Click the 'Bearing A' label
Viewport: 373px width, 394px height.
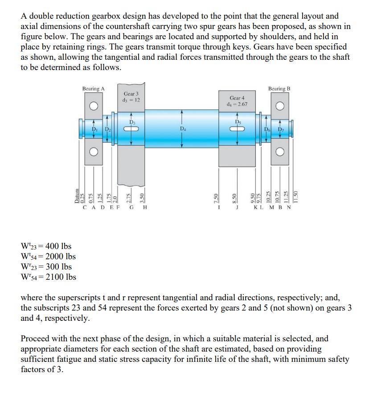[x=94, y=89]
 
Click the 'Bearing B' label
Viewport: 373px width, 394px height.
[x=279, y=89]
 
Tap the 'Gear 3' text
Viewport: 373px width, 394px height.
[x=131, y=94]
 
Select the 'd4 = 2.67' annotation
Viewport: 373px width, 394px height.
[x=237, y=104]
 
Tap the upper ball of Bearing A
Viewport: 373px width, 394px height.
[x=94, y=107]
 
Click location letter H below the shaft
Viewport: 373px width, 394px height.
[x=145, y=207]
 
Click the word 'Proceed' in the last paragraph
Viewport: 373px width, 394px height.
[x=35, y=339]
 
